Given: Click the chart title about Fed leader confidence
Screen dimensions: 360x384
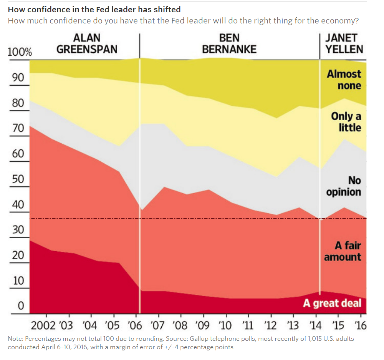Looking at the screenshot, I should (94, 9).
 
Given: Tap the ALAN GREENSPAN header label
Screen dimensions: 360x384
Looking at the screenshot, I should (87, 44).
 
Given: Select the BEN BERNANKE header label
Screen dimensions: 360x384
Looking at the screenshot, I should (229, 44).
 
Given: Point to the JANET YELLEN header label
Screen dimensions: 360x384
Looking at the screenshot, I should (341, 44).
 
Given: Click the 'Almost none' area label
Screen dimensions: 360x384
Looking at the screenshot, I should (344, 80).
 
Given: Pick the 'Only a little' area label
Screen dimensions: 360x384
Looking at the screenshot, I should (346, 122).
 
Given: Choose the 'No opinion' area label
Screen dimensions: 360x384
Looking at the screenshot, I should (344, 186).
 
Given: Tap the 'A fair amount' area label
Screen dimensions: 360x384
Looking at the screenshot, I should (343, 251).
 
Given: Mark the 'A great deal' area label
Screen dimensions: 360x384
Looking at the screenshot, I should (332, 303).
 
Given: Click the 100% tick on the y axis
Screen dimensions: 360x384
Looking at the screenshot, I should (20, 52).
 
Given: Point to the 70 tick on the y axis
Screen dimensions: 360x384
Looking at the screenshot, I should (18, 128).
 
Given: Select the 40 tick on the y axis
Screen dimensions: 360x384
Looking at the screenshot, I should (18, 204).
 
